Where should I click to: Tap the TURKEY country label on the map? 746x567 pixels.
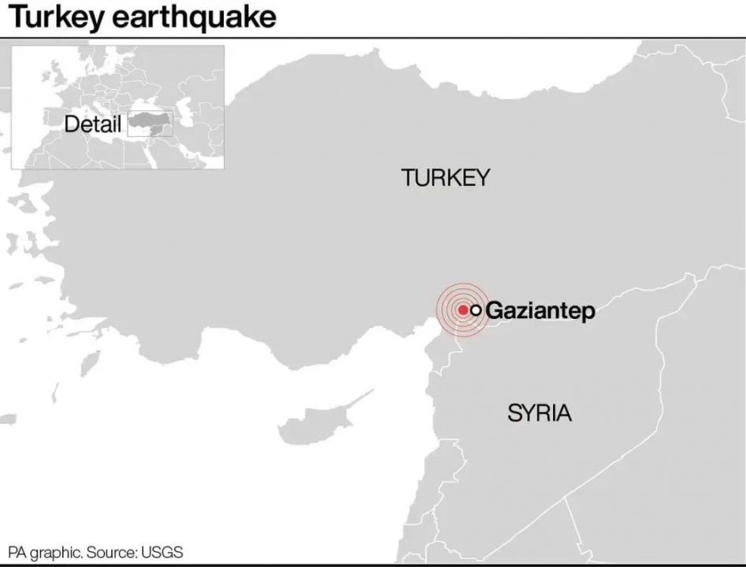[x=445, y=178]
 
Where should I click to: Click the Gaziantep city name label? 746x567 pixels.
[x=540, y=311]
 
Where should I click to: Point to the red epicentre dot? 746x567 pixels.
[x=463, y=310]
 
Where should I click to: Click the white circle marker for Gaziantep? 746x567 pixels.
[x=476, y=310]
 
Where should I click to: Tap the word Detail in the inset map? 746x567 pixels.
[x=93, y=124]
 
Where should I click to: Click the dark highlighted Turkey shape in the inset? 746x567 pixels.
[x=150, y=123]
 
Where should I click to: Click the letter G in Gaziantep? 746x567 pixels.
[x=495, y=311]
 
